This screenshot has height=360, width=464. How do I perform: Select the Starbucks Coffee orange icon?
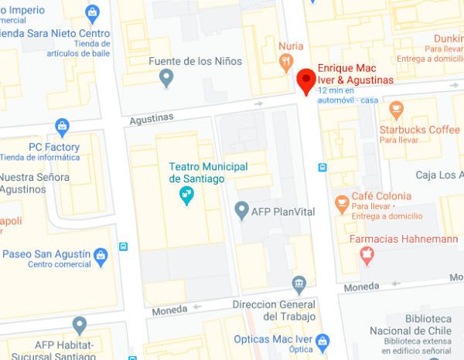tap(397, 109)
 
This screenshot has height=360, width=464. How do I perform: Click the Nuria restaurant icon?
tap(287, 62)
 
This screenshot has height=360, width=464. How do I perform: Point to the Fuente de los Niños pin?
tap(165, 76)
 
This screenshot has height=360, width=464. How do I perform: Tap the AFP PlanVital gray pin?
tap(241, 209)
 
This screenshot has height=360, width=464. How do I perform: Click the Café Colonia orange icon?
tap(341, 202)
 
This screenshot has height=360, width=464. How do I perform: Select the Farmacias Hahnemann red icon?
tap(367, 253)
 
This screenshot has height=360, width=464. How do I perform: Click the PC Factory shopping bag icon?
tap(63, 127)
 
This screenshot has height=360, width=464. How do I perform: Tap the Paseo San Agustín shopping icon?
tap(101, 255)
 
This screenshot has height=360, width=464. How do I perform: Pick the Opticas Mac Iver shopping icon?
tap(322, 341)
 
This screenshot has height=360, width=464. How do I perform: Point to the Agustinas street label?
tap(148, 117)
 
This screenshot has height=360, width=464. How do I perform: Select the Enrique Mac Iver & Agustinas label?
tap(355, 74)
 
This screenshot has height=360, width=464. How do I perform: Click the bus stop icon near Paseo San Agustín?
tap(124, 246)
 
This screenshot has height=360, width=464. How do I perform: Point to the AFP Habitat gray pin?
tap(79, 324)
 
